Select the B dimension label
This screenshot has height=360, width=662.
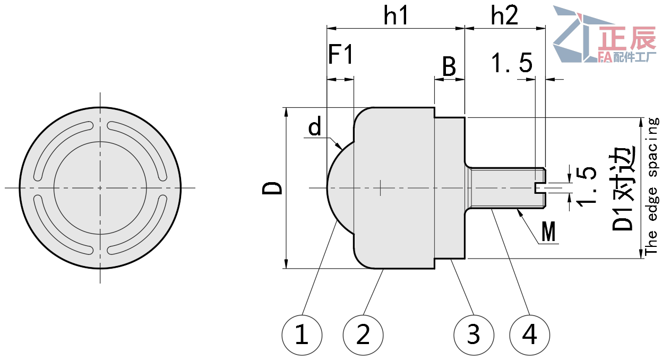tap(449, 67)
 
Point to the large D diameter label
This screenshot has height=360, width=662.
tap(273, 188)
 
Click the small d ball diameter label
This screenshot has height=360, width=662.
tap(315, 127)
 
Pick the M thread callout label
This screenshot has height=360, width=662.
tap(548, 232)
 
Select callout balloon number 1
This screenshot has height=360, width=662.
tap(302, 335)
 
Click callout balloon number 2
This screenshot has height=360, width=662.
tap(363, 335)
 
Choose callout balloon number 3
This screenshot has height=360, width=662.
tap(474, 335)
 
